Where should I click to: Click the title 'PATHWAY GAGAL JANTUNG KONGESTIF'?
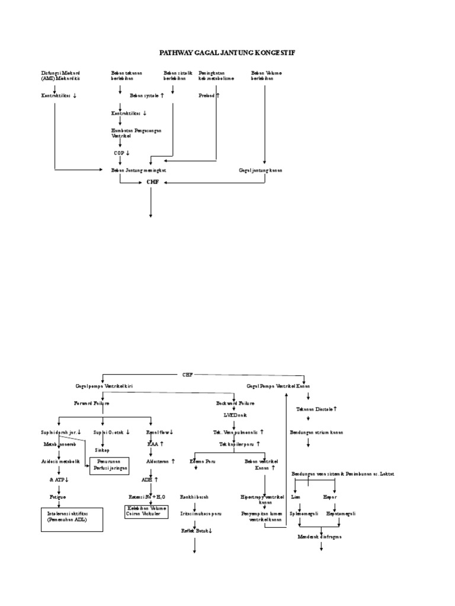[227, 53]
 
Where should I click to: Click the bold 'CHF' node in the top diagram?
[153, 182]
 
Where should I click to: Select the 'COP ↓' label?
[121, 153]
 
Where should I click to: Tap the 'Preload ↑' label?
[209, 95]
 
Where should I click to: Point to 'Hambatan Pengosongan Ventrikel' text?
[136, 132]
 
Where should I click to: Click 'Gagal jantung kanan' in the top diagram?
[261, 170]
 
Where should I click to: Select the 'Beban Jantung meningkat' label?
[139, 170]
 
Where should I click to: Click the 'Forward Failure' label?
[91, 402]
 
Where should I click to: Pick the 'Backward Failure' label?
[235, 402]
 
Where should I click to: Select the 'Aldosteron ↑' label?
[161, 460]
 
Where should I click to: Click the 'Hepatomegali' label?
[341, 514]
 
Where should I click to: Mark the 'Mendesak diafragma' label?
[319, 536]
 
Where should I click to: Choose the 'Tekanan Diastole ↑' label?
[317, 409]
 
